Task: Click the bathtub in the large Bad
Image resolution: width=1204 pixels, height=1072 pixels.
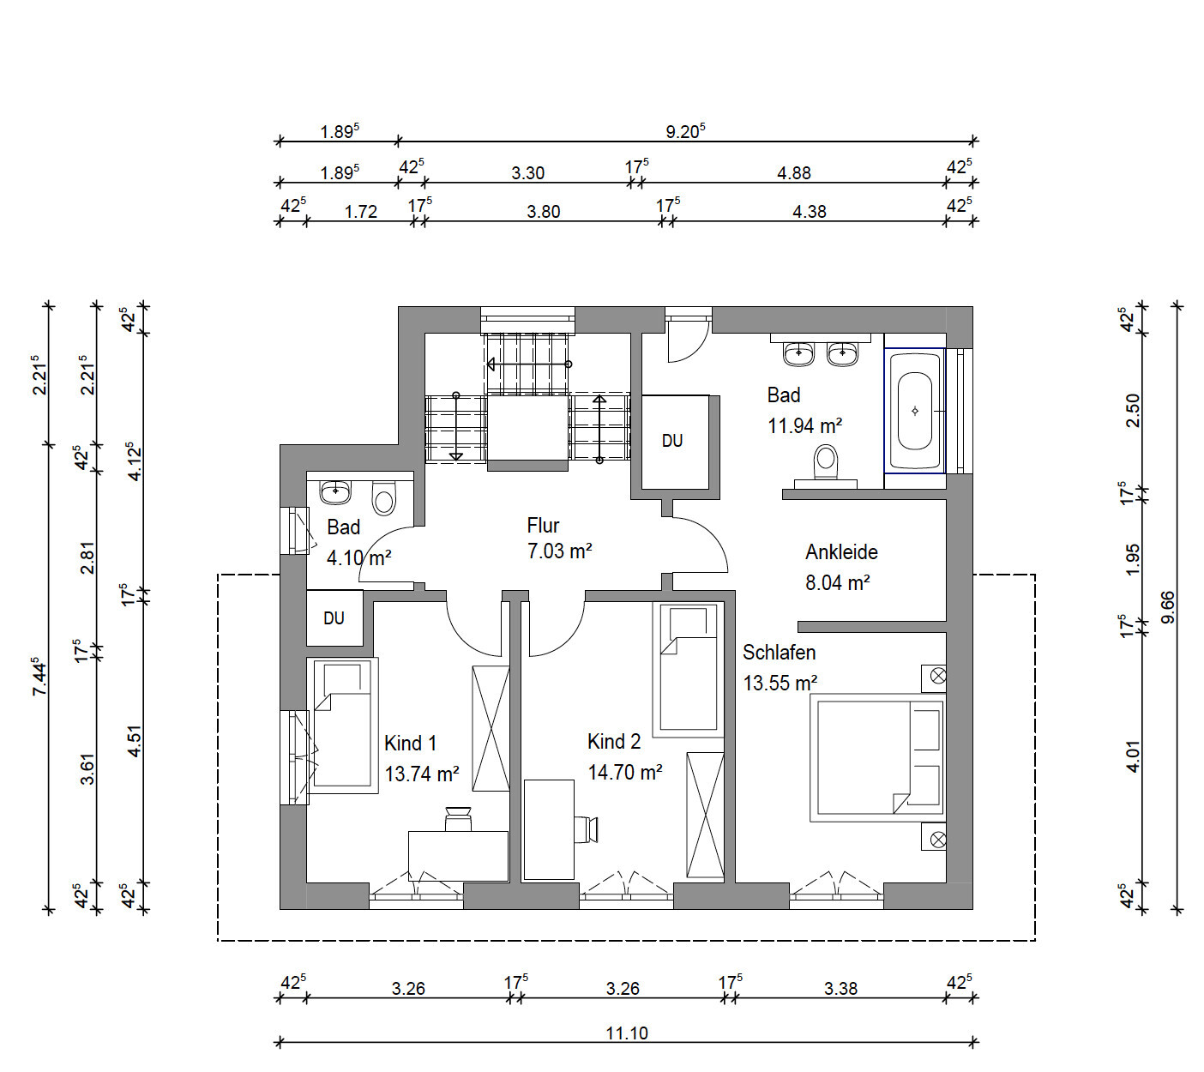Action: point(915,411)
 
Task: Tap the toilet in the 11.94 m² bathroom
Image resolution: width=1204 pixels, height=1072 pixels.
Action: point(826,466)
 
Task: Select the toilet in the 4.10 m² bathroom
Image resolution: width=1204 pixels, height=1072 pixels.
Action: point(384,498)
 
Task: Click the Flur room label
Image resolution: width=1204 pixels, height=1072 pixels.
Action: point(543,526)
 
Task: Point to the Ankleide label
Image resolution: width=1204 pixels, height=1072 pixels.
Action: point(841,552)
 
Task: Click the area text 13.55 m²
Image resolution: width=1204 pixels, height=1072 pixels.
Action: point(780,683)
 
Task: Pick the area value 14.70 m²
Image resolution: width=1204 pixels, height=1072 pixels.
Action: point(625,772)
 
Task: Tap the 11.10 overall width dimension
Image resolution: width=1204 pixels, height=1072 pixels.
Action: point(627,1033)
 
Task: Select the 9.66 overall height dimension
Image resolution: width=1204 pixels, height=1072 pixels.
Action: point(1168,606)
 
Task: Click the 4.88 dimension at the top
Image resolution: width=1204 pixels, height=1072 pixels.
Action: point(794,173)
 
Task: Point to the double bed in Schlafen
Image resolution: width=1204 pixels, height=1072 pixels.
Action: point(877,757)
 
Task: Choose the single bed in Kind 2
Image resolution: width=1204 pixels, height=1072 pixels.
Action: point(688,670)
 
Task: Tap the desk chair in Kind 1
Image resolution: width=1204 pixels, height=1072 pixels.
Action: point(458,818)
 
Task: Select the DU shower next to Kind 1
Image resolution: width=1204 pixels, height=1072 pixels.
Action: point(334,618)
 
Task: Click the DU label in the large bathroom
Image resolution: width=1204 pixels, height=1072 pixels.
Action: point(672,440)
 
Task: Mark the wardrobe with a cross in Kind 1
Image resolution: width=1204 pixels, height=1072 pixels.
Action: point(491,729)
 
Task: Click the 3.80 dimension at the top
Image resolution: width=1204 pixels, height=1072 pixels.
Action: point(543,212)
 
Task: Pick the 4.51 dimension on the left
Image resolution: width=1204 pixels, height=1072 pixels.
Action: point(135,741)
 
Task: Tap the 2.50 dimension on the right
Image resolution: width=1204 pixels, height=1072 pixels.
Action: point(1133,411)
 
